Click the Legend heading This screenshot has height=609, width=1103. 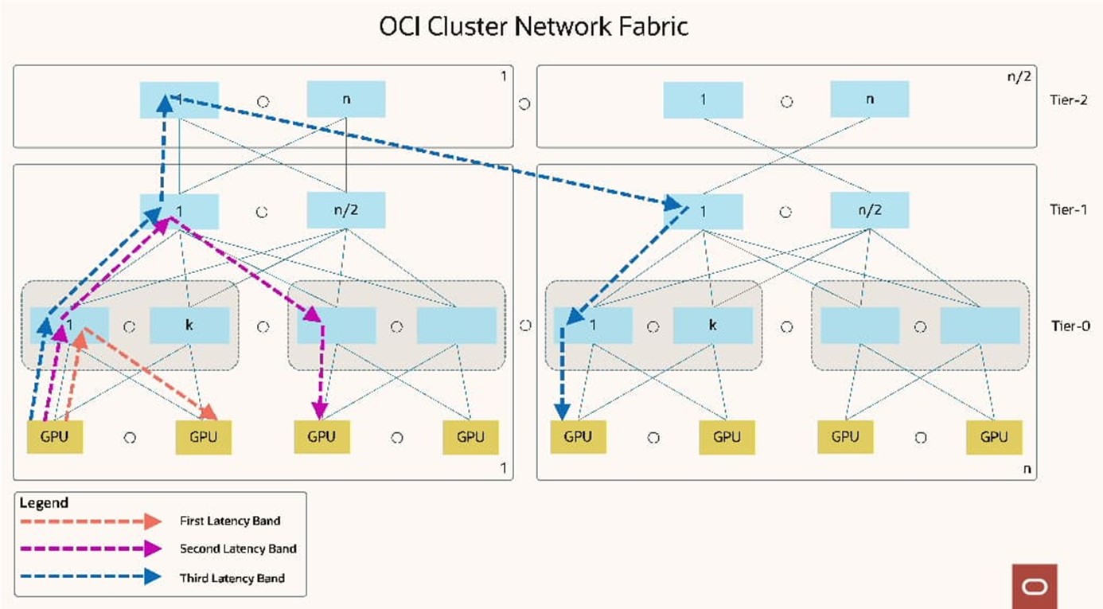[43, 503]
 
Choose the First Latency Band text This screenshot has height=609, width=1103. [230, 521]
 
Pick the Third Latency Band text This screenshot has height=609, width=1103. [232, 577]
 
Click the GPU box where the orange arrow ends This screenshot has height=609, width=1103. [203, 437]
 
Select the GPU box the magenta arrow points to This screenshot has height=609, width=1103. [322, 437]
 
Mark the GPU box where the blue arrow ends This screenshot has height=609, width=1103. [578, 437]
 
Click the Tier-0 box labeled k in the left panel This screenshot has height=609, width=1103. [189, 326]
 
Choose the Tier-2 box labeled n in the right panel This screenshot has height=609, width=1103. [869, 100]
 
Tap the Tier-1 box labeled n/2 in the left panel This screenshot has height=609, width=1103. [346, 211]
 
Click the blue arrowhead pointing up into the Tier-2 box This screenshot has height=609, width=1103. [164, 102]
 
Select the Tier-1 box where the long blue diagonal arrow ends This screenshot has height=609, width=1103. [704, 211]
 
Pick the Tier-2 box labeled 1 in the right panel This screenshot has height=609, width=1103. [704, 100]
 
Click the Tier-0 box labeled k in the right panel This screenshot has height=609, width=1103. [713, 326]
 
